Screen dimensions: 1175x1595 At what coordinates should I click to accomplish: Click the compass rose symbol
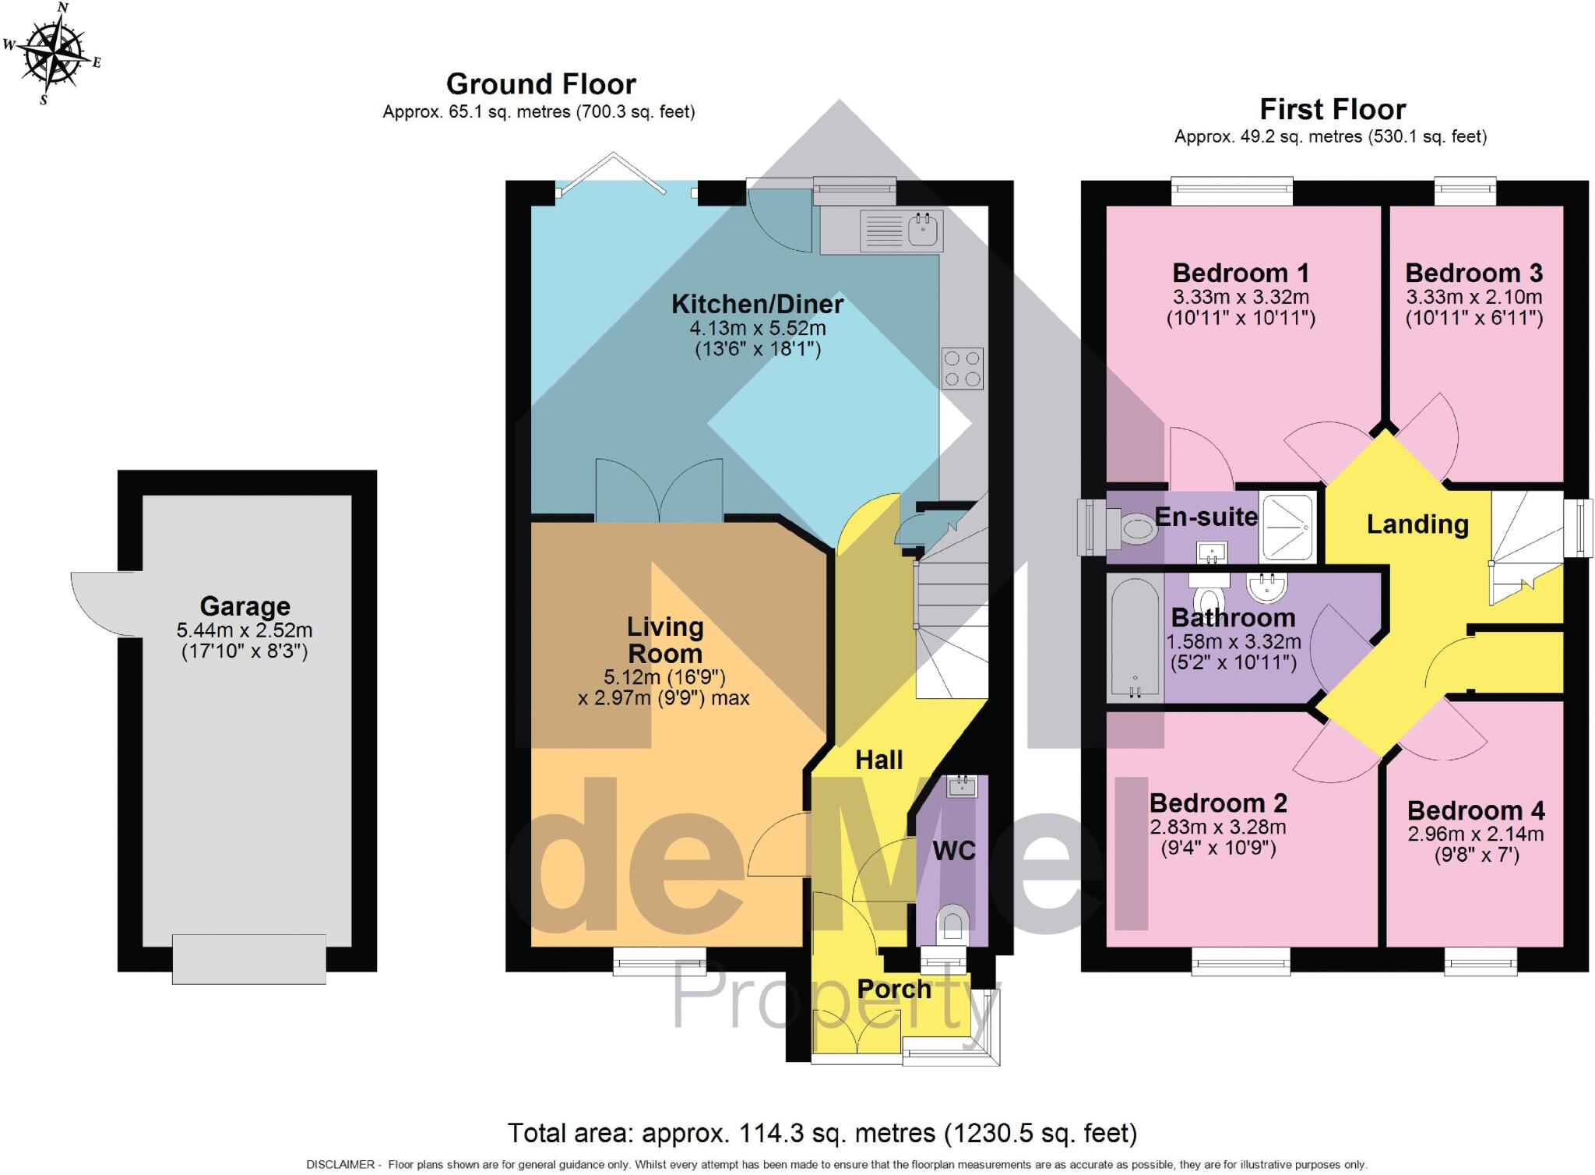coord(51,53)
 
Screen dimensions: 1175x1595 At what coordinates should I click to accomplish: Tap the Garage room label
coord(245,606)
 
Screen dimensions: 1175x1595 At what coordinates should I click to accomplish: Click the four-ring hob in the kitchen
coord(962,369)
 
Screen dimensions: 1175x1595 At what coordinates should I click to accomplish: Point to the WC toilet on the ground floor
coord(952,923)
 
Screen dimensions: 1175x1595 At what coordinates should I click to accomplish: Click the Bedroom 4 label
coord(1475,810)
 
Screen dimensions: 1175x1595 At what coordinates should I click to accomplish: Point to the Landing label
coord(1417,524)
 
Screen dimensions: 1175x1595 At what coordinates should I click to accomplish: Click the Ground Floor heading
coord(540,84)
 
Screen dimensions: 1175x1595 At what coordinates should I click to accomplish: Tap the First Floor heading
coord(1333,109)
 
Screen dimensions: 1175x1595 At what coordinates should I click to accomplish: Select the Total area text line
coord(822,1132)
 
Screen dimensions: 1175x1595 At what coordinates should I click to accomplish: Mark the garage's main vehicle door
coord(248,958)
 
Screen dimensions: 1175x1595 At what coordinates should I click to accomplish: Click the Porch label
coord(894,989)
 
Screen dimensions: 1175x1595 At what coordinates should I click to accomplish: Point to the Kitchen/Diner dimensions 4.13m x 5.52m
coord(757,328)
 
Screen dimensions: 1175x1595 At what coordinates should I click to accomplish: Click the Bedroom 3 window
coord(1466,192)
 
